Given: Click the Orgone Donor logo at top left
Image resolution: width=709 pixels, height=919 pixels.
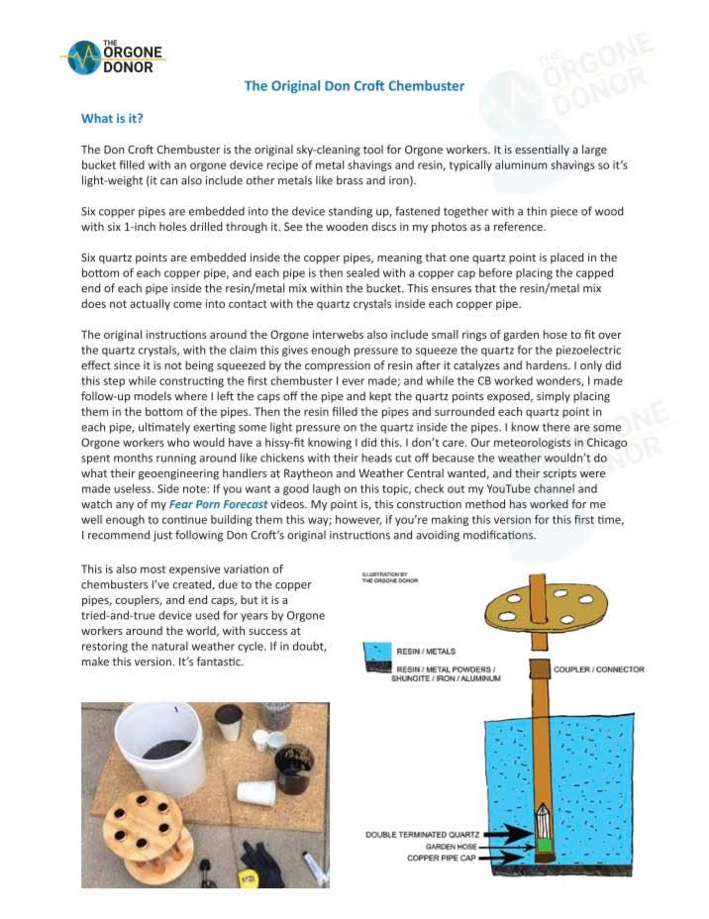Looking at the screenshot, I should pyautogui.click(x=110, y=58).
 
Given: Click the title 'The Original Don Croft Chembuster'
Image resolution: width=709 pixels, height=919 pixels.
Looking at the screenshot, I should pyautogui.click(x=354, y=86).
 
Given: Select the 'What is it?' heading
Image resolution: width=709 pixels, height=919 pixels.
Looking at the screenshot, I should pyautogui.click(x=112, y=119).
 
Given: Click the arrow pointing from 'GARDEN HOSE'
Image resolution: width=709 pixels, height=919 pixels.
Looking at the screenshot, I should pyautogui.click(x=501, y=847).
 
